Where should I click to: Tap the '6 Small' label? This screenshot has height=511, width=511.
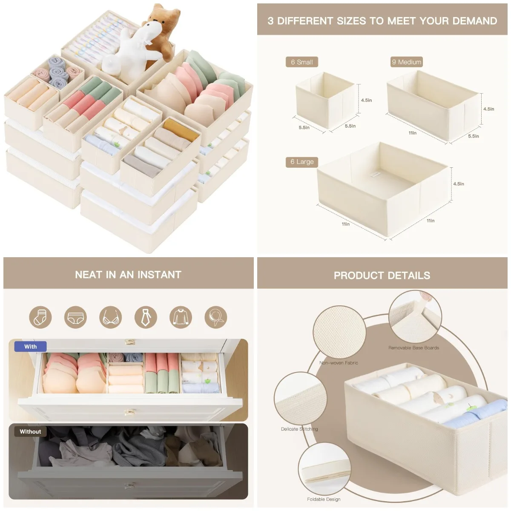301,62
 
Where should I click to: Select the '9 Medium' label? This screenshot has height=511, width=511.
406,62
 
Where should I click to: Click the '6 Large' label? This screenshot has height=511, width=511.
301,162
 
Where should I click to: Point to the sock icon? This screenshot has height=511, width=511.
40,317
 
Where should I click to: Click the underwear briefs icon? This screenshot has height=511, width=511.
75,317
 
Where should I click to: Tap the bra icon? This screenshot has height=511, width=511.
110,317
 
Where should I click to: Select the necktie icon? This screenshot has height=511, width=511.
146,317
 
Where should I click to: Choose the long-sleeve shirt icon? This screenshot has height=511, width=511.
181,317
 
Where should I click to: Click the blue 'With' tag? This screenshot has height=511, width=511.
30,347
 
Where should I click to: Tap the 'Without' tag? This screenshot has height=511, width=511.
30,431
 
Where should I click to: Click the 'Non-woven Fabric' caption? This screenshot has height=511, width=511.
339,363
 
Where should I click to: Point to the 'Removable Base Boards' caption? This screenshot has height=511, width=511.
413,348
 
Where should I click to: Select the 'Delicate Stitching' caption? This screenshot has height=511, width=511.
299,429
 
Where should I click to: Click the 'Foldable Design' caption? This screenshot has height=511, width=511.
324,499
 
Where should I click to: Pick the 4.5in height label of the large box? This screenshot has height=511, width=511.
459,184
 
